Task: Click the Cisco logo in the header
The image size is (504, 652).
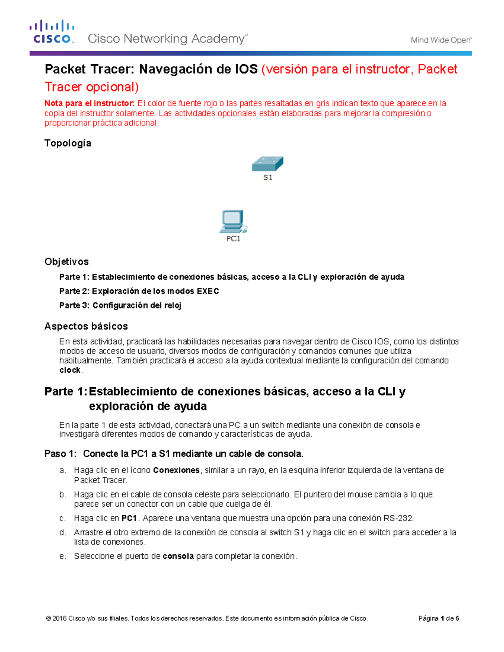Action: coord(52,32)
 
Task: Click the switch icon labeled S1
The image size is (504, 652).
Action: coord(268,164)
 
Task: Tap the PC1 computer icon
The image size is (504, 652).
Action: coord(233,221)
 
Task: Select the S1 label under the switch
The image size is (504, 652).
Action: coord(268,178)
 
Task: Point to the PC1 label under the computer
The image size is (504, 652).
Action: coord(234,239)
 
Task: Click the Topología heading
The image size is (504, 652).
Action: coord(68,143)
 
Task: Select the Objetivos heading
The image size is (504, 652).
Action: coord(66,262)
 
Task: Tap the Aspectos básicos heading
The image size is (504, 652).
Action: coord(86,326)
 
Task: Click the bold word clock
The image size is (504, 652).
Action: coord(70,370)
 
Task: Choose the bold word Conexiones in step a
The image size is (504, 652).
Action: coord(176,470)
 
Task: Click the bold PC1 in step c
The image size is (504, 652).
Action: coord(129,518)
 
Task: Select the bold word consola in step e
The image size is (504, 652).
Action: coord(178,556)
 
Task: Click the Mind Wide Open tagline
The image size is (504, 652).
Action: coord(441,40)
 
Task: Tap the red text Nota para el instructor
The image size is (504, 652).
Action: coord(89,103)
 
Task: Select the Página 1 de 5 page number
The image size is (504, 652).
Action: coord(438,618)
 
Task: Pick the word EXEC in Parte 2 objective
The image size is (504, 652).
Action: coord(208,291)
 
